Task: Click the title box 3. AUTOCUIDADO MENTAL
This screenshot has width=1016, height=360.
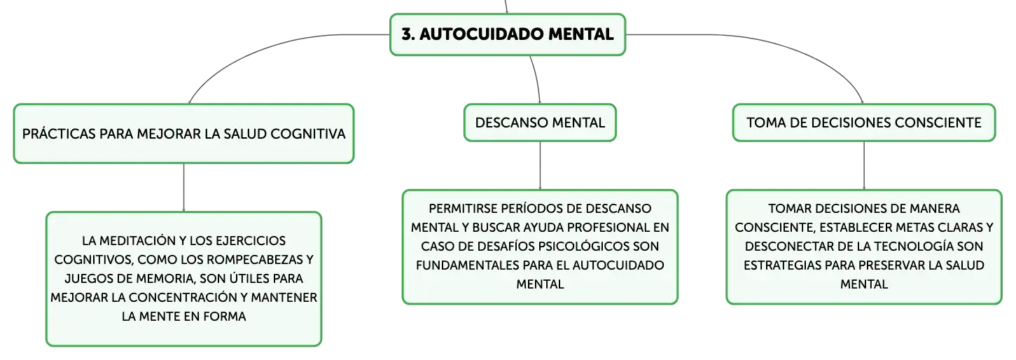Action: (x=508, y=34)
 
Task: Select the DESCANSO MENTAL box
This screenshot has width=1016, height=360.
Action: (x=540, y=123)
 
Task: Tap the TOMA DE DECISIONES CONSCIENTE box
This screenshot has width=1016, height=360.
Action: (x=864, y=123)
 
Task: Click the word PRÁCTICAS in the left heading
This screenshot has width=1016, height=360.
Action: (x=59, y=134)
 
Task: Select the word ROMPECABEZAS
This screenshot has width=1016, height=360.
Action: (x=253, y=260)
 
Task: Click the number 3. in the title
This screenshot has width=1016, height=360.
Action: (x=408, y=34)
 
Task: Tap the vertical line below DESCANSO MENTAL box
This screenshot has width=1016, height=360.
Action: (x=540, y=166)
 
